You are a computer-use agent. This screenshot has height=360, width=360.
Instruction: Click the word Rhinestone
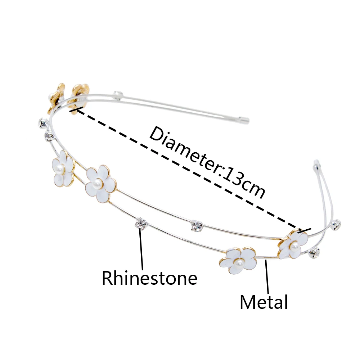pos(149,278)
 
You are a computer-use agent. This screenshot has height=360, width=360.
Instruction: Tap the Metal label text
pos(264,302)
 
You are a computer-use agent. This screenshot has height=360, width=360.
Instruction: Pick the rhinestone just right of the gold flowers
pos(117,95)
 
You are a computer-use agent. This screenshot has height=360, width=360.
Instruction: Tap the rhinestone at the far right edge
pos(336,225)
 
